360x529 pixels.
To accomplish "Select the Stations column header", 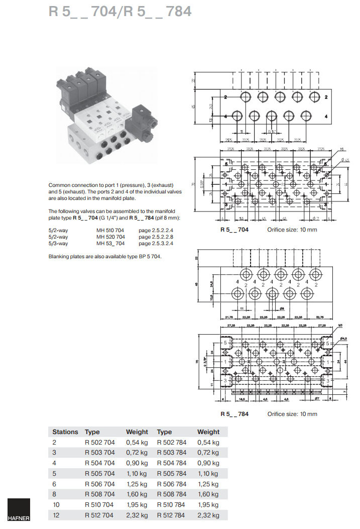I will (x=65, y=432).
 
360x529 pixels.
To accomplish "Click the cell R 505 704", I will (x=99, y=473).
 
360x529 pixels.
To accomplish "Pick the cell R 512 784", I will (x=171, y=515).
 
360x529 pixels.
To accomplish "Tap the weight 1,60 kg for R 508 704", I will (x=137, y=494).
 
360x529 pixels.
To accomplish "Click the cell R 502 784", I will (x=171, y=442).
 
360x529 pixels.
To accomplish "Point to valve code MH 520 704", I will (x=111, y=237).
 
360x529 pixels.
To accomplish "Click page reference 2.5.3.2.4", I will (x=156, y=244).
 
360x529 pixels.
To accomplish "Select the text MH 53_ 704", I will (x=111, y=244).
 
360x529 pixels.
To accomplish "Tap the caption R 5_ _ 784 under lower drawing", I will (x=234, y=414).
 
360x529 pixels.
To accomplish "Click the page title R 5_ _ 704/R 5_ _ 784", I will (x=120, y=12).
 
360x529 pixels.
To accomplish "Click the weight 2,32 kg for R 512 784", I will (x=208, y=515).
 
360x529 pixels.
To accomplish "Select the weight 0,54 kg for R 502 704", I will (x=137, y=442).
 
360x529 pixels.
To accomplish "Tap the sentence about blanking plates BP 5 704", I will (x=105, y=257).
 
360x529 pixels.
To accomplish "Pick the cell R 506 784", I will (x=171, y=484).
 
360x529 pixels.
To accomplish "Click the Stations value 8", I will (x=54, y=494).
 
